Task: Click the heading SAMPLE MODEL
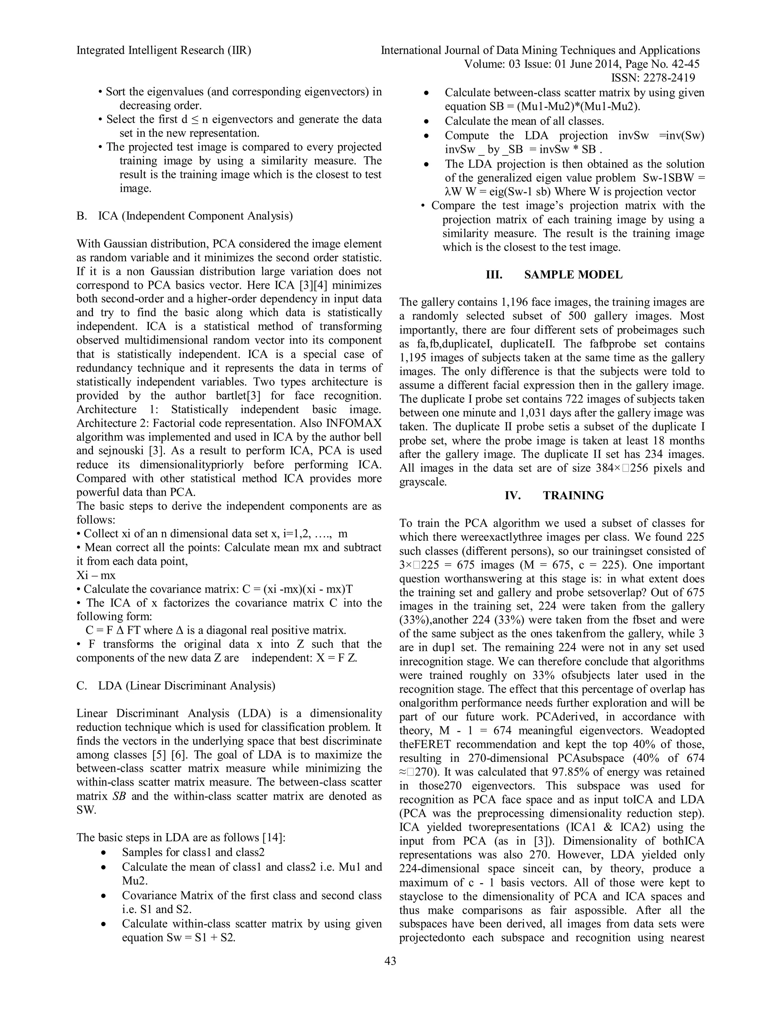(x=573, y=275)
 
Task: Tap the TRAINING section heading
(x=573, y=496)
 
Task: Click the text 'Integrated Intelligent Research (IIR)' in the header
(x=163, y=50)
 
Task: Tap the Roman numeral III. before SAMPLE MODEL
(x=494, y=275)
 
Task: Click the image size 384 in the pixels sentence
(x=608, y=468)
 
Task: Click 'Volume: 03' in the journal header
(x=484, y=65)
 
